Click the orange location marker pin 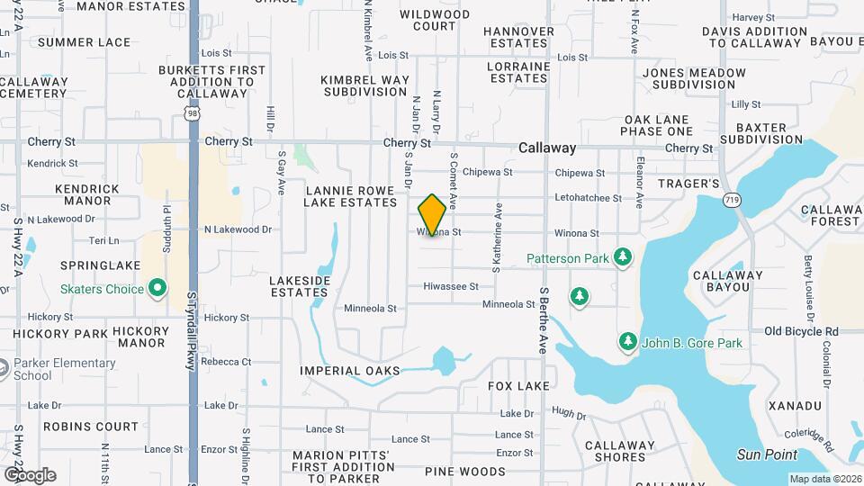[432, 214]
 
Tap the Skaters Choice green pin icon [157, 289]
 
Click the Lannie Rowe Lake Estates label [351, 196]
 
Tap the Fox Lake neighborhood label [517, 386]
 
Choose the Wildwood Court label [435, 20]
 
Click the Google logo [30, 474]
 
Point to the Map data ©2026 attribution [824, 479]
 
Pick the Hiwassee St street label [451, 286]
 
